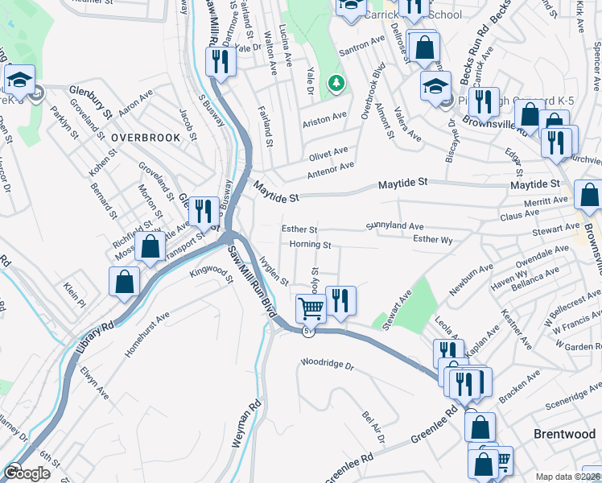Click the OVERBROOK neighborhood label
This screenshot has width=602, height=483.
click(146, 138)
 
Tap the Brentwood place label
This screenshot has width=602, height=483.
click(565, 434)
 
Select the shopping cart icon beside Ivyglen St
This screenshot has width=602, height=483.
click(310, 307)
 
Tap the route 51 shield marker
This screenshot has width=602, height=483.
click(307, 331)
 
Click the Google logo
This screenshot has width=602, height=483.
click(26, 473)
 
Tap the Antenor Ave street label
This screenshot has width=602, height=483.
click(330, 170)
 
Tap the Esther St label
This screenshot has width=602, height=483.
click(299, 229)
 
